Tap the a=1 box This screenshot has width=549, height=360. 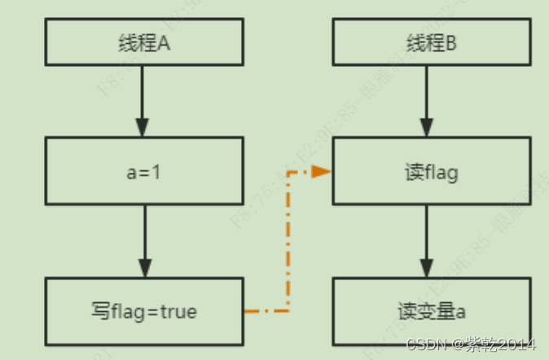pos(143,171)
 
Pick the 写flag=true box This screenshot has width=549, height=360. pos(143,310)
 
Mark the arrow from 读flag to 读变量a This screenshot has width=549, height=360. pos(426,240)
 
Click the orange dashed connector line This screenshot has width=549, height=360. pos(289,244)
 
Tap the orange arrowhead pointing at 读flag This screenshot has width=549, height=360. pos(322,172)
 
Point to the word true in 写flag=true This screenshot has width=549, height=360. pos(178,311)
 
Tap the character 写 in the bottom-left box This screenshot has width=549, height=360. pos(99,311)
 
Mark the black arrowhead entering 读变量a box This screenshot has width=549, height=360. pos(426,268)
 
